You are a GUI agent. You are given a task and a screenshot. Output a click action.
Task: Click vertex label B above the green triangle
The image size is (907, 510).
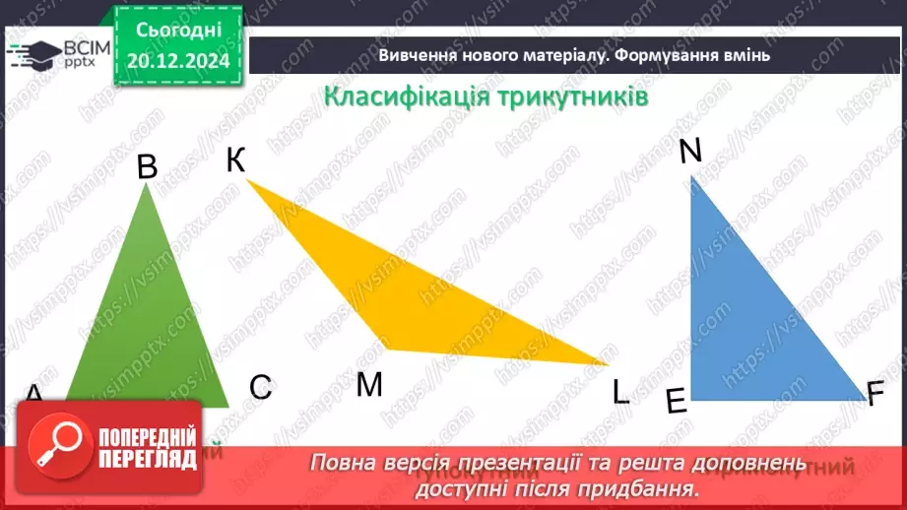coord(147,166)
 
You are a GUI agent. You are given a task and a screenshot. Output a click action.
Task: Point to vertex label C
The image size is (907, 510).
coord(260,388)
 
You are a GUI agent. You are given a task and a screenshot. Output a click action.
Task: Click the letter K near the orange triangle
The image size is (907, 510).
coord(235,159)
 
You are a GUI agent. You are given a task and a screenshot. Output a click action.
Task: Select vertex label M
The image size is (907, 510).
coord(369,385)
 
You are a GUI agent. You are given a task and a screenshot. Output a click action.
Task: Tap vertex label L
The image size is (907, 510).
coord(620,393)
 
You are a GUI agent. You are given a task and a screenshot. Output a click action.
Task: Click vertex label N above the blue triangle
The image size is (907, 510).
coord(690,151)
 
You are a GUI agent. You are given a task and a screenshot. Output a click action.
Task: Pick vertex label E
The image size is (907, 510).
coord(676,402)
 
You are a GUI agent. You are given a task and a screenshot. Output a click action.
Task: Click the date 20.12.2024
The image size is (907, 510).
coord(178,62)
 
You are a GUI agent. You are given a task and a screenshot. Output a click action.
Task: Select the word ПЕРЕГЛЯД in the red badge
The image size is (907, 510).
coord(146,460)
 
